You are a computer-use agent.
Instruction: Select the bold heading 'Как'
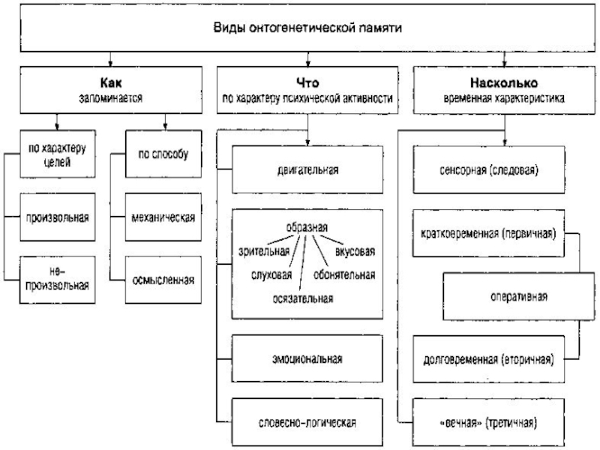(x=110, y=84)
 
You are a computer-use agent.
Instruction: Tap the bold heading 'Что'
(x=307, y=84)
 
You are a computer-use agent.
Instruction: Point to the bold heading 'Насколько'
(x=503, y=84)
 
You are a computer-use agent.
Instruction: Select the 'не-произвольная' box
(x=57, y=277)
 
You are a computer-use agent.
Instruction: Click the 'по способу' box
(x=163, y=154)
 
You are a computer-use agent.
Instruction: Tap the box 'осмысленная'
(x=163, y=280)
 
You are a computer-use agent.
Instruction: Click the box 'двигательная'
(x=307, y=169)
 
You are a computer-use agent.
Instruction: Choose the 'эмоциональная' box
(x=307, y=358)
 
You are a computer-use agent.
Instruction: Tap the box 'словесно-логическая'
(x=307, y=421)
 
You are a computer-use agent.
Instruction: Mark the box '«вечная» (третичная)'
(x=488, y=421)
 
